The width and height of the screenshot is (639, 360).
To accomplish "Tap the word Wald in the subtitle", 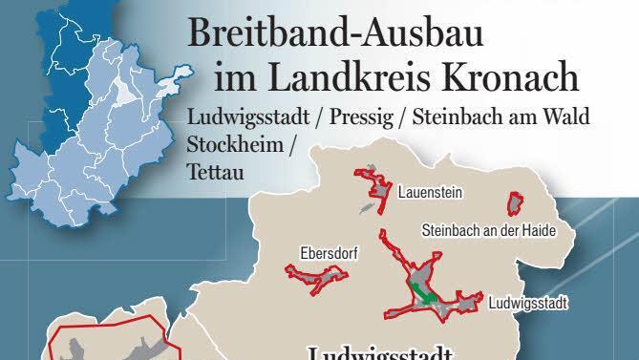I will (x=567, y=118).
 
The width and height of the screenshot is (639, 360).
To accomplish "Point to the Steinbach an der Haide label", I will (x=488, y=231).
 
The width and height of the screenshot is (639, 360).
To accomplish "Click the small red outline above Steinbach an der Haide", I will (x=516, y=203).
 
